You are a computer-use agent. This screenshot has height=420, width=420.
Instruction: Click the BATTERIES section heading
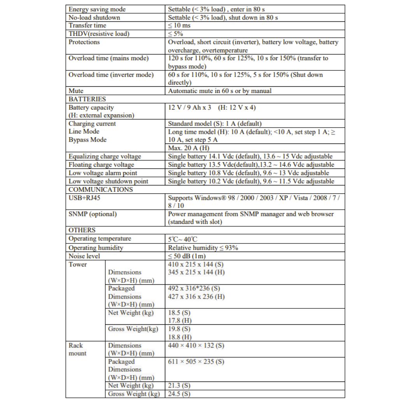pos(87,99)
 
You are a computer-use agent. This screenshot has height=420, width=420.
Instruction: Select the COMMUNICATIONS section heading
pos(101,189)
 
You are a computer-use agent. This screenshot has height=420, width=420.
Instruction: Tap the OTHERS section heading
pos(82,230)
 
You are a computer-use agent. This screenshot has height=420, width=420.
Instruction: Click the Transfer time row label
pos(87,26)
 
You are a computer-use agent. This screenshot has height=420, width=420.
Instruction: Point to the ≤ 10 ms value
pos(179,26)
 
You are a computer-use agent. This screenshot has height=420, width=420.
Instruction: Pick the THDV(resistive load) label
pos(99,34)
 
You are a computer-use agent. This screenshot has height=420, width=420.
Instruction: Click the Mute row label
pos(76,91)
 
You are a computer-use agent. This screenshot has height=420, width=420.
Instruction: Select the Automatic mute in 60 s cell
pos(220,91)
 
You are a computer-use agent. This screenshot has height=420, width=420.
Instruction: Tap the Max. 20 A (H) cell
pos(189,148)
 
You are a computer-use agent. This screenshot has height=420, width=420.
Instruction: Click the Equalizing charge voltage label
pos(105,156)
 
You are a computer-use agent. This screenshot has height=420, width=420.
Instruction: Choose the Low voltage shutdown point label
pos(108,181)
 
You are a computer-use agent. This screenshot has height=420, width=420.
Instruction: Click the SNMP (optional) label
pos(93,214)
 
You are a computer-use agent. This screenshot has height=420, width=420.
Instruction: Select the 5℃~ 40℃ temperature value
pos(183,239)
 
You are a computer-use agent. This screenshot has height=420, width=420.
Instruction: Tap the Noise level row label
pos(84,256)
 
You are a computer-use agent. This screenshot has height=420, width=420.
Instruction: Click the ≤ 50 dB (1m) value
pos(187,256)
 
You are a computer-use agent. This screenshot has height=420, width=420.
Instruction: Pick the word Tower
pos(78,264)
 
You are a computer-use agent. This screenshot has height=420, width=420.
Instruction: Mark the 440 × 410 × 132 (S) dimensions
pos(196,345)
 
